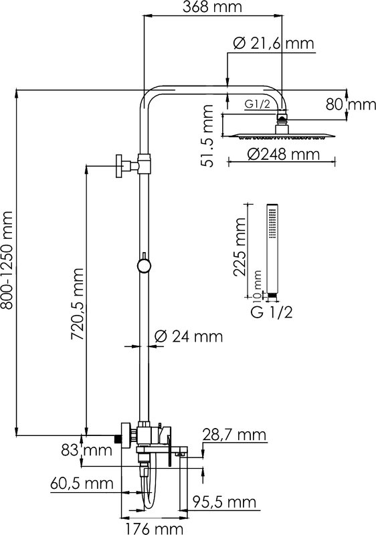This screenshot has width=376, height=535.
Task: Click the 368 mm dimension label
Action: pos(212,7)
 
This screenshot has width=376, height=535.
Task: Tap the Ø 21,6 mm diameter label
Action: pos(273,43)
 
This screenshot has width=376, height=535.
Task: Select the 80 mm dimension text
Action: pos(351,104)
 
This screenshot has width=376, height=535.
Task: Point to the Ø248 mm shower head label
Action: pos(284,154)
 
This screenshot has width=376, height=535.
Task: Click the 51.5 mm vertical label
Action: pos(207,136)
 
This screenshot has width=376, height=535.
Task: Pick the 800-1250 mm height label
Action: pos(7,260)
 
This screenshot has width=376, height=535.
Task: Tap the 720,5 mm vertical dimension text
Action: pos(78,304)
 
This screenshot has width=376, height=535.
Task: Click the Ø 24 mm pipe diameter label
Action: pos(189,337)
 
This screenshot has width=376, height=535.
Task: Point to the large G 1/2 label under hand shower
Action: pos(272,312)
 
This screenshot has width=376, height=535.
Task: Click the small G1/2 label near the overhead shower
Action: pos(258,104)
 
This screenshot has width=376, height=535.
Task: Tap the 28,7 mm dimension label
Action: pos(234,435)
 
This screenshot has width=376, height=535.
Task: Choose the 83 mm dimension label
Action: pos(87,450)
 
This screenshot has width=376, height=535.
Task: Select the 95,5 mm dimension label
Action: pos(224,502)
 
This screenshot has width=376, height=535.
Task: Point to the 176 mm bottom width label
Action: pos(153,528)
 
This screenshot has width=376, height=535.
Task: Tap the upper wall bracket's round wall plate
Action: pos(118,166)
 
